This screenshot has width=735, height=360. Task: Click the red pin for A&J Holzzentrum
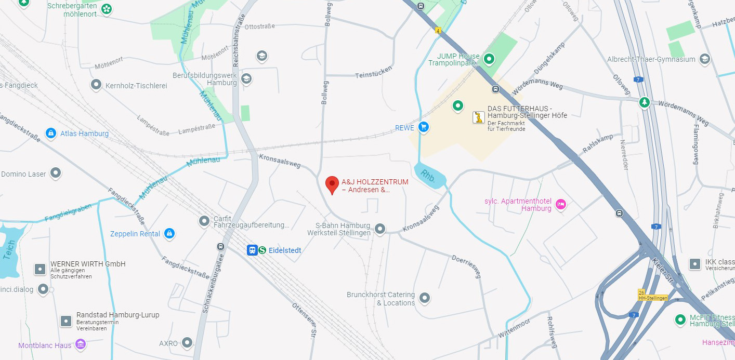point(332,184)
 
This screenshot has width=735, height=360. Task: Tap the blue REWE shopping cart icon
point(424,127)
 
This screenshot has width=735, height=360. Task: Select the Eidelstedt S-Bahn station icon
point(262,250)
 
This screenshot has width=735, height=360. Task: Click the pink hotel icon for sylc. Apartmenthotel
point(561,204)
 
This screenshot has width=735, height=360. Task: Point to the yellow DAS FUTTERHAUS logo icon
point(478,117)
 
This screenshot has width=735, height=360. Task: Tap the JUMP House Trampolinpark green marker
point(489,59)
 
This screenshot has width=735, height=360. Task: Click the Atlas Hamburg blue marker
point(51,134)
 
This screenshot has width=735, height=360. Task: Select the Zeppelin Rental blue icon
point(169,234)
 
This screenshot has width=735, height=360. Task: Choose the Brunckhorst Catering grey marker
point(425,298)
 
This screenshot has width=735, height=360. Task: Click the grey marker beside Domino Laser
point(56,174)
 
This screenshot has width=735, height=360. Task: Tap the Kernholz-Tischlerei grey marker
point(96,85)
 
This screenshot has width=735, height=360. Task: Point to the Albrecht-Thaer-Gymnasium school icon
point(705,59)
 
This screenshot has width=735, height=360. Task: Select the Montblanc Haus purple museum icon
point(80,344)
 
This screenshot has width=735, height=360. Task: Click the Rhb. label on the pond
point(428,175)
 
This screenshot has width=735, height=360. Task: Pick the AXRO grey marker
point(187,343)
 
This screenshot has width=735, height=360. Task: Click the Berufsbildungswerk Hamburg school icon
point(246,78)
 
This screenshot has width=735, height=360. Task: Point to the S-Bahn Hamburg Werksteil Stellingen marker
point(380,229)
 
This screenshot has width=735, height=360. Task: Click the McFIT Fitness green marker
point(680,319)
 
